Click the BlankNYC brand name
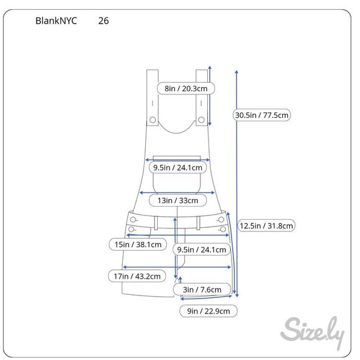click(56, 21)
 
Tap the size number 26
click(104, 21)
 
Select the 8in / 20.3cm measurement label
click(186, 88)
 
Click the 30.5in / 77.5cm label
click(262, 115)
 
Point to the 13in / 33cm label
click(178, 200)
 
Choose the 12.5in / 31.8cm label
click(266, 226)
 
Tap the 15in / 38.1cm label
click(138, 245)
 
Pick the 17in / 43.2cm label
click(137, 276)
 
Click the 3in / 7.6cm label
click(202, 289)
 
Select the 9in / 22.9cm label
click(209, 311)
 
